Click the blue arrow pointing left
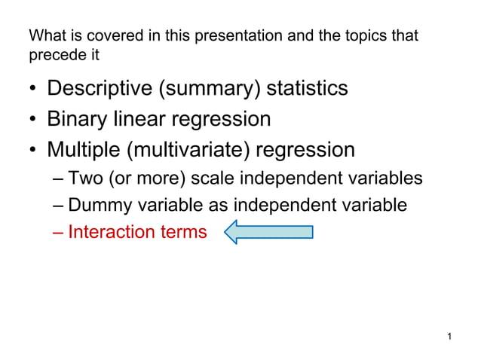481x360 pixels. pos(268,232)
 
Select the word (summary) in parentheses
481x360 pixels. pos(210,89)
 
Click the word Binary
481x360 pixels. pos(79,119)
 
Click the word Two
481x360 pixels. pos(84,179)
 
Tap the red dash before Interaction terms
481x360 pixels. pos(60,232)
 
